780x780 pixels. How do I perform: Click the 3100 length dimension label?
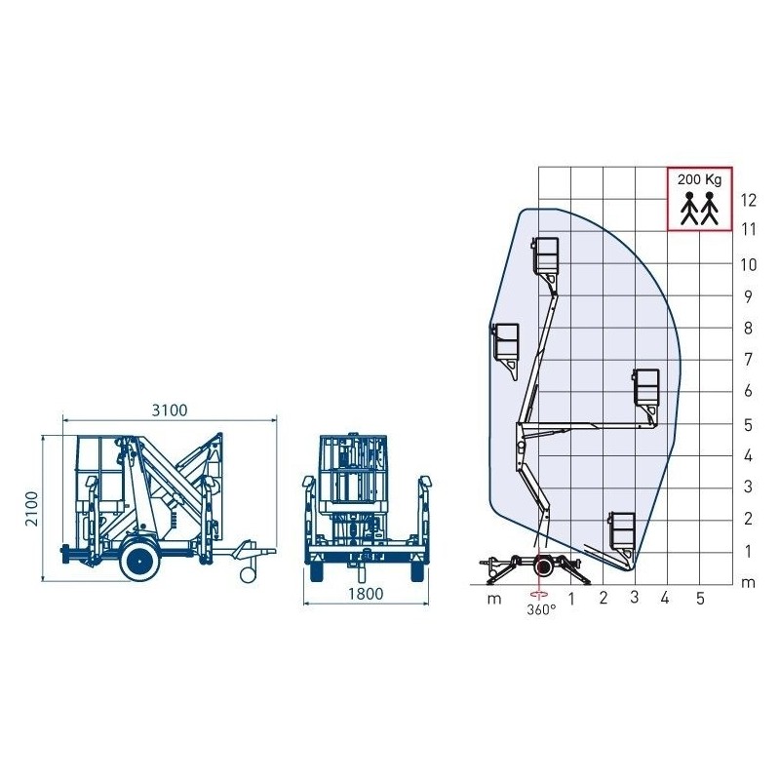click(169, 409)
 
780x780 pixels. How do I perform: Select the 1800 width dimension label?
click(366, 592)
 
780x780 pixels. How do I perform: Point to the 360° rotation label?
click(541, 609)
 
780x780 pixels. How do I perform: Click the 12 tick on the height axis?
click(749, 200)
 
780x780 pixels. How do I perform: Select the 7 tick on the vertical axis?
click(749, 360)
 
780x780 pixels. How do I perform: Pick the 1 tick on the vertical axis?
click(749, 552)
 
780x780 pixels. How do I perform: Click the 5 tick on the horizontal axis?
click(699, 598)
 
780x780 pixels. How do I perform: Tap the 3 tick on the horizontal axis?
click(635, 598)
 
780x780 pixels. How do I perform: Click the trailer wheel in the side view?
click(142, 563)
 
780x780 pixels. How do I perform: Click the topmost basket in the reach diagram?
click(546, 255)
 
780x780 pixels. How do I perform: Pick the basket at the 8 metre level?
click(507, 343)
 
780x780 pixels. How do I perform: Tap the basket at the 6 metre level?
click(646, 388)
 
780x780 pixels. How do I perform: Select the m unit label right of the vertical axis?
click(748, 583)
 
